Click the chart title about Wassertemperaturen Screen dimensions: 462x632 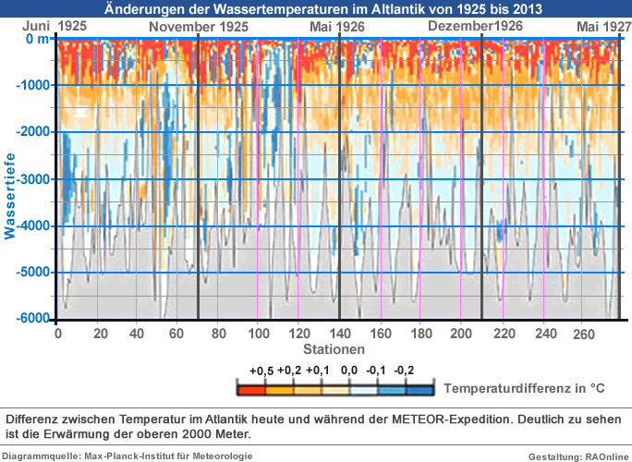pos(316,9)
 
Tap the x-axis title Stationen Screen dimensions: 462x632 pos(334,349)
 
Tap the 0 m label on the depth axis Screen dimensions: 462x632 pos(38,40)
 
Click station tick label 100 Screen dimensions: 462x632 pos(260,334)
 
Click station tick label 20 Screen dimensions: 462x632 pos(100,334)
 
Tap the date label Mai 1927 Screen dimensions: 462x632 pos(598,27)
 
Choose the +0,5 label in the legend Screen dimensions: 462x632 pos(261,371)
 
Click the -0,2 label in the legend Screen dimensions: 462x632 pos(404,371)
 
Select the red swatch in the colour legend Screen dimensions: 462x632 pos(252,388)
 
